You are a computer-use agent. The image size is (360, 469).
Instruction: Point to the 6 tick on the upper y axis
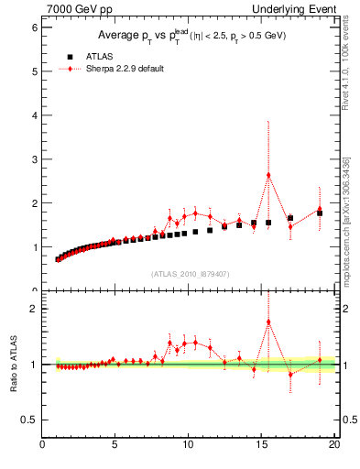[33, 27]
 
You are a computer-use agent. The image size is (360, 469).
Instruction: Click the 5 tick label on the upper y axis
[33, 71]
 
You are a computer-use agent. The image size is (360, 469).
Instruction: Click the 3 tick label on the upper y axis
[33, 159]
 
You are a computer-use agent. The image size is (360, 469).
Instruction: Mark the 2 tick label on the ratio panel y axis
[33, 309]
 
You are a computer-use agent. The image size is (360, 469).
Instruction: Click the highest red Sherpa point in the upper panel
[268, 175]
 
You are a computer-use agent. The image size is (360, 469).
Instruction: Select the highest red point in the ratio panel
[268, 322]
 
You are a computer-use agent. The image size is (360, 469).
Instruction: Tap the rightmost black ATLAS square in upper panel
[320, 213]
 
